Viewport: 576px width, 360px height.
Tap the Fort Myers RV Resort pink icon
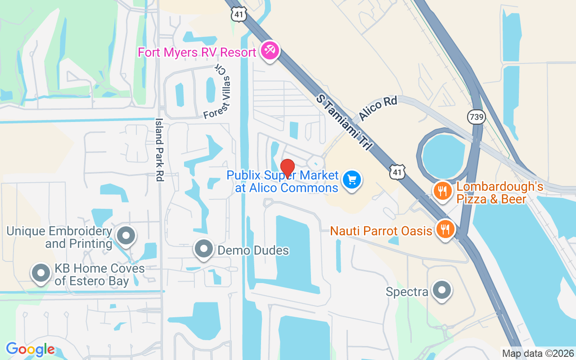click(x=270, y=51)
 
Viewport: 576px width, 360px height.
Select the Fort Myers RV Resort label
click(x=197, y=52)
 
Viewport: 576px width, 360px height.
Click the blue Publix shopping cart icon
click(x=352, y=180)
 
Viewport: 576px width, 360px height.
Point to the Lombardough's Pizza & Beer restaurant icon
click(x=443, y=191)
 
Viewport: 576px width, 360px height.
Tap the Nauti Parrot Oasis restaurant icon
click(x=445, y=229)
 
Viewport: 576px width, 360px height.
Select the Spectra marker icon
click(x=442, y=290)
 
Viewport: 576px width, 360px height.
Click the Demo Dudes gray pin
click(x=204, y=248)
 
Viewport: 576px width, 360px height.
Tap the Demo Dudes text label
click(x=253, y=250)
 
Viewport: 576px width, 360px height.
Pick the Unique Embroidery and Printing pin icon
click(x=126, y=235)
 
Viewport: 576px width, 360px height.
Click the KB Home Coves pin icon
click(x=41, y=273)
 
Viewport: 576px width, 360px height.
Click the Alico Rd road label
click(x=378, y=108)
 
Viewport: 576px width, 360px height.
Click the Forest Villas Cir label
click(x=218, y=93)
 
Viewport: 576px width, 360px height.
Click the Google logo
click(x=30, y=349)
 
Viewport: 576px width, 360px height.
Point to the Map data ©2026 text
click(x=538, y=353)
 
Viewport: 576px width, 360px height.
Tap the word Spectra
click(x=407, y=292)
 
